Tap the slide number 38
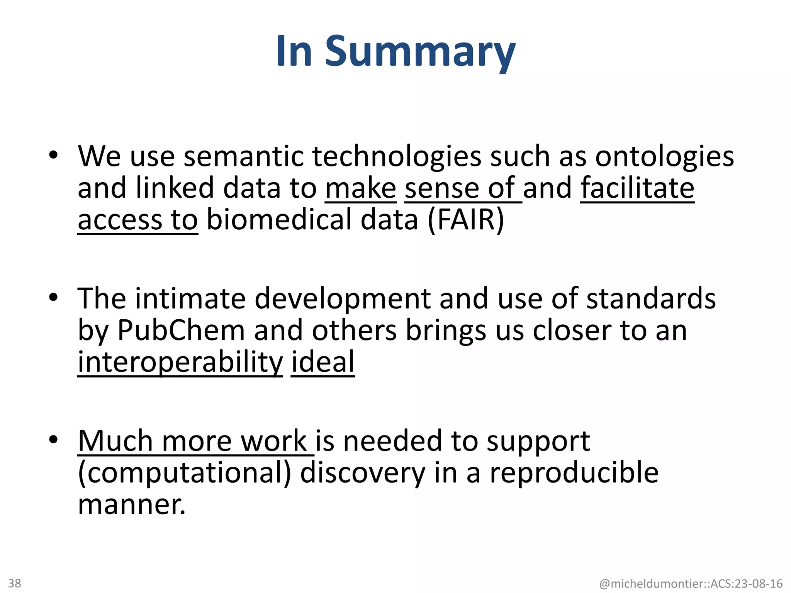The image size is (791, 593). pyautogui.click(x=15, y=583)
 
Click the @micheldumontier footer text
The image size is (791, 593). pyautogui.click(x=691, y=583)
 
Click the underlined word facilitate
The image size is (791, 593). pyautogui.click(x=637, y=188)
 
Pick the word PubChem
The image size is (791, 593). pyautogui.click(x=181, y=330)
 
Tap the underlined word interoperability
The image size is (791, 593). pyautogui.click(x=180, y=363)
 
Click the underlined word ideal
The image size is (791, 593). pyautogui.click(x=323, y=363)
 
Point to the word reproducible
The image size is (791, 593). pyautogui.click(x=574, y=473)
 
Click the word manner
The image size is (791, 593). pyautogui.click(x=132, y=505)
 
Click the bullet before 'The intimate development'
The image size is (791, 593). pyautogui.click(x=53, y=298)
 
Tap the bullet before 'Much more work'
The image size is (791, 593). pyautogui.click(x=53, y=440)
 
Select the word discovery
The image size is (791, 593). pyautogui.click(x=362, y=473)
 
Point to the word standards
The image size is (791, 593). pyautogui.click(x=651, y=299)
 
